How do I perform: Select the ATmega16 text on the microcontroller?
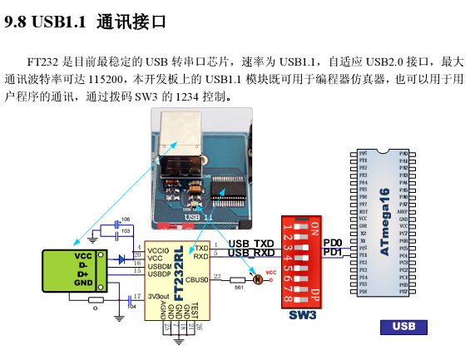(x=383, y=221)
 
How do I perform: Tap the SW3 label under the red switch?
(x=303, y=316)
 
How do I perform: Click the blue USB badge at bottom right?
(x=403, y=327)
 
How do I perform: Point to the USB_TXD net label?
(x=251, y=243)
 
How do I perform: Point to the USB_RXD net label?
(x=251, y=253)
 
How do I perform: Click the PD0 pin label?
(x=332, y=242)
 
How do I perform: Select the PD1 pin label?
(x=332, y=252)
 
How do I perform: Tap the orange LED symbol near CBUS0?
(x=257, y=280)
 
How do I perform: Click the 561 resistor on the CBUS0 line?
(x=238, y=280)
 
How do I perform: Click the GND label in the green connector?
(x=83, y=283)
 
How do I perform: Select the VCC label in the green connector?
(x=83, y=255)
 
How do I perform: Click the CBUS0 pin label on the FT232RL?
(x=197, y=280)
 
